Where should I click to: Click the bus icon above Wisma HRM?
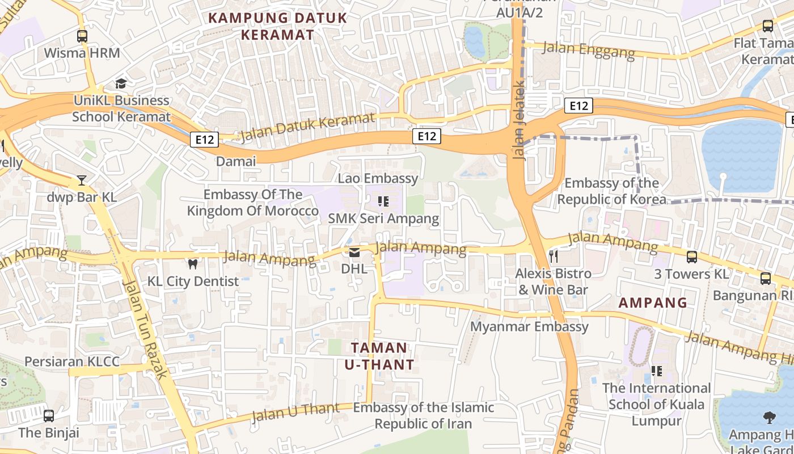click(x=82, y=36)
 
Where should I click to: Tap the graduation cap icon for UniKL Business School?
click(x=121, y=84)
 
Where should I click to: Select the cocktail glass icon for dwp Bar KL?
click(x=82, y=180)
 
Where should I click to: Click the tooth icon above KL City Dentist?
click(x=193, y=264)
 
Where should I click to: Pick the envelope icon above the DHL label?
click(x=354, y=253)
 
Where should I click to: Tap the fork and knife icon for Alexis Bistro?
click(x=554, y=256)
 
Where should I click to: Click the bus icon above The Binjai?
click(x=49, y=415)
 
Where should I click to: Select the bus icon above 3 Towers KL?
click(x=691, y=257)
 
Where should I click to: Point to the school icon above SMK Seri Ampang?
click(x=383, y=201)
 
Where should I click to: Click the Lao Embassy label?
click(x=378, y=178)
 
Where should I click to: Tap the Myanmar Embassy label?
click(x=530, y=326)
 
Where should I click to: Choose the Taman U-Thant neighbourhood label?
click(x=379, y=356)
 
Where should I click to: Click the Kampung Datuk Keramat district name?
click(x=277, y=26)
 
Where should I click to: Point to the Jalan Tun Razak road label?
click(x=145, y=329)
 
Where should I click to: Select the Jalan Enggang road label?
click(x=589, y=50)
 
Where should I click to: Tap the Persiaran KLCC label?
click(x=72, y=361)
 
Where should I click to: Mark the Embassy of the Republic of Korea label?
click(x=612, y=191)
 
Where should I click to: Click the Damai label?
click(x=236, y=161)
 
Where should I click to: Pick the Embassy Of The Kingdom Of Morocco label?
click(x=253, y=203)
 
